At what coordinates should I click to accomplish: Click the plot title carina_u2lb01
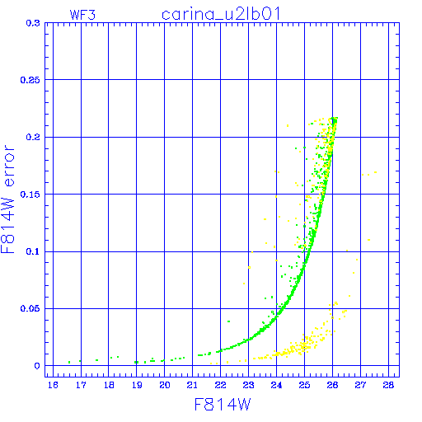tap(221, 14)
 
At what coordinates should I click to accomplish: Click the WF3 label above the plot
tap(82, 15)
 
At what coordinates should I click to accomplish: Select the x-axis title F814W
tap(223, 405)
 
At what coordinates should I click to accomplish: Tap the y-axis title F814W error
tap(7, 199)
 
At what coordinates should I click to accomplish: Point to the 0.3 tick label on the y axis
tap(33, 23)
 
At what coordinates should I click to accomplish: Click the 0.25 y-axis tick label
tap(30, 80)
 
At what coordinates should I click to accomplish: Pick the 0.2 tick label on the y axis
tap(33, 137)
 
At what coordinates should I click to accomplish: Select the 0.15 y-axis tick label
tap(30, 195)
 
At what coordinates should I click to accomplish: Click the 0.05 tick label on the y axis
tap(30, 308)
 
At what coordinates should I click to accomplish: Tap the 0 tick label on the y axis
tap(37, 366)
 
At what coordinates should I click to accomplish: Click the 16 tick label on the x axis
tap(53, 385)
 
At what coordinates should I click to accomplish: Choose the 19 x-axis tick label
tap(137, 385)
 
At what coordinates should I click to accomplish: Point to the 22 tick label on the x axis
tap(221, 385)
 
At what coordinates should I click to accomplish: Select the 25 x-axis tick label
tap(304, 385)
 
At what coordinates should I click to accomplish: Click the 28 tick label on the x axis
tap(388, 385)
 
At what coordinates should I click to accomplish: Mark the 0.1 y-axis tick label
tap(33, 251)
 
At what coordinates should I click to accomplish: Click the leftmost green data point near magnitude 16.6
tap(69, 363)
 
